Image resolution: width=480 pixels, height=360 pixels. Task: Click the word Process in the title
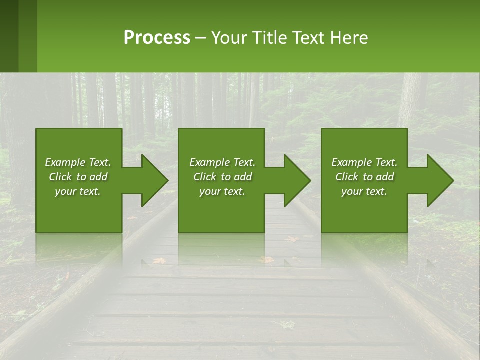click(157, 38)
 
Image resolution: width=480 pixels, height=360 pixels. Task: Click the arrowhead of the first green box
click(153, 180)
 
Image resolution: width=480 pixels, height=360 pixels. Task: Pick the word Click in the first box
click(61, 177)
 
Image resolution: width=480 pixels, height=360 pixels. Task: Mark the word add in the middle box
click(243, 177)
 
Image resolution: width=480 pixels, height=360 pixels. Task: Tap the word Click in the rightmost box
click(347, 177)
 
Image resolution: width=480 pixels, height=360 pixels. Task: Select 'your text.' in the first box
click(78, 191)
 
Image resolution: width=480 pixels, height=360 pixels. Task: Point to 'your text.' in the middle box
click(222, 191)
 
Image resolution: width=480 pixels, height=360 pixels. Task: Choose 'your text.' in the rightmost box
click(364, 191)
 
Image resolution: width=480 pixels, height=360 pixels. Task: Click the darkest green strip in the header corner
click(9, 36)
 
